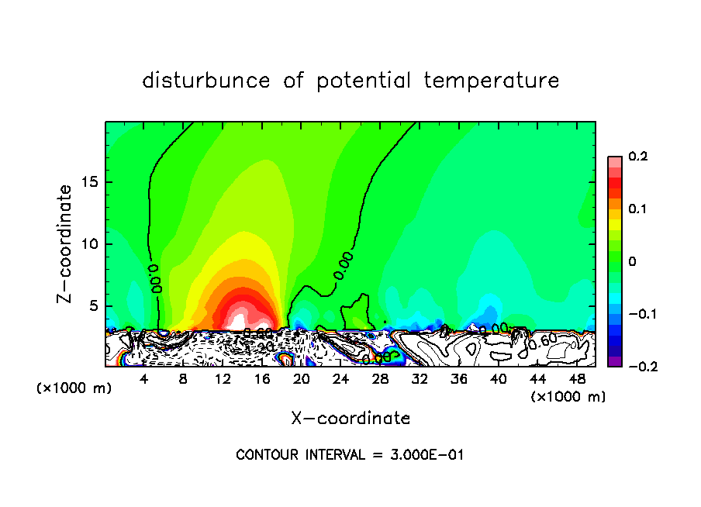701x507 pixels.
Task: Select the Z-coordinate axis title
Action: [x=65, y=243]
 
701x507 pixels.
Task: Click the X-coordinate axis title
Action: [x=350, y=418]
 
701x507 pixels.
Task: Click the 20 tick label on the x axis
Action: [x=302, y=379]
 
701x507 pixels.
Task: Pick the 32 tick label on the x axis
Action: [x=420, y=379]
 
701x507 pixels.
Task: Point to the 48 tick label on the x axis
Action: [x=577, y=379]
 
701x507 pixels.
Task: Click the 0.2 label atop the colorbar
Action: [x=637, y=157]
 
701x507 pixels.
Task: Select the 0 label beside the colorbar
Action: [x=632, y=262]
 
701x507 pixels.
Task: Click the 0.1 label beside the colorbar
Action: [x=637, y=209]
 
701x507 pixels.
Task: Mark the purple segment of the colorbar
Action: [x=614, y=361]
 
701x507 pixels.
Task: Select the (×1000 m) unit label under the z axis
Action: [x=74, y=388]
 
